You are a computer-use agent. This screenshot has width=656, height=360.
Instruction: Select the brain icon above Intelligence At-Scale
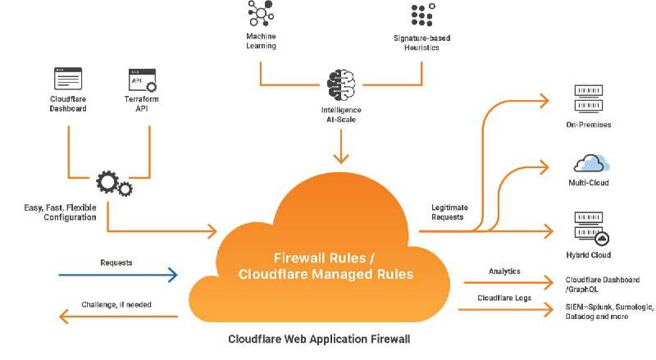pyautogui.click(x=341, y=85)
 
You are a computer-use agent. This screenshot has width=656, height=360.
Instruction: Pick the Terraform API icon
pyautogui.click(x=143, y=80)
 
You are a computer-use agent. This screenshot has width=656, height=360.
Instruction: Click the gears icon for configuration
pyautogui.click(x=112, y=185)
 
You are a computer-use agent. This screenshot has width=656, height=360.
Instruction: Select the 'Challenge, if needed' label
pyautogui.click(x=116, y=304)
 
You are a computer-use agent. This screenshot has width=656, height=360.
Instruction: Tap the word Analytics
pyautogui.click(x=504, y=271)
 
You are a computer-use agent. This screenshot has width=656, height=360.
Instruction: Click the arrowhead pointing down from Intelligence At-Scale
pyautogui.click(x=341, y=159)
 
